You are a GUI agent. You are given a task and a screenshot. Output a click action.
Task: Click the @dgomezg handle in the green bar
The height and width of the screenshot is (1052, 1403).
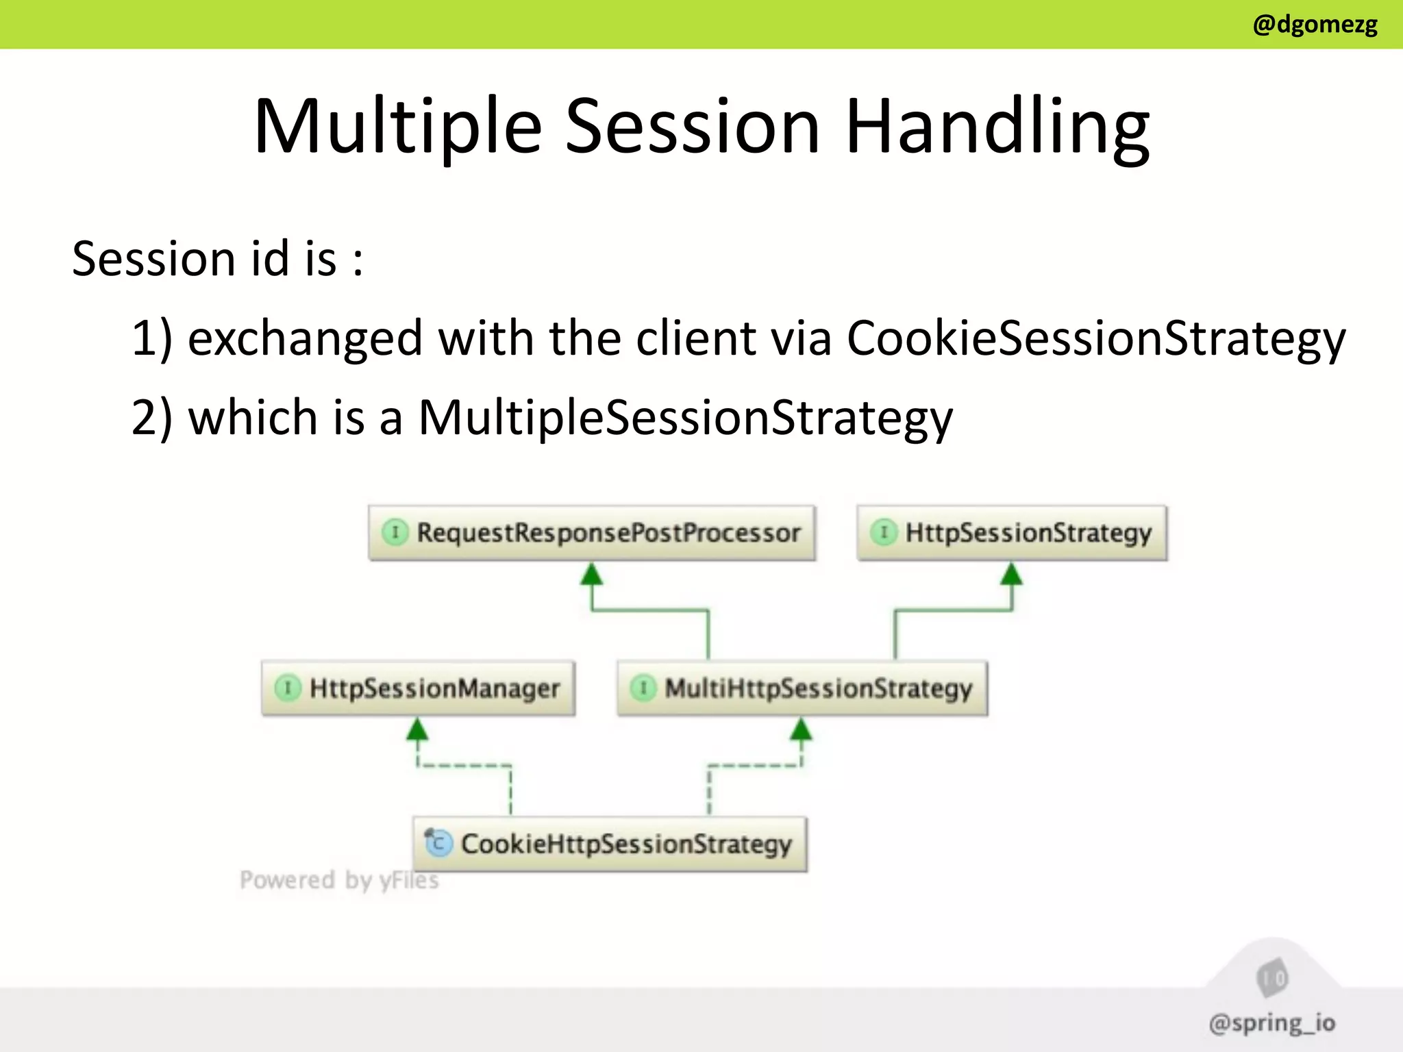(1314, 25)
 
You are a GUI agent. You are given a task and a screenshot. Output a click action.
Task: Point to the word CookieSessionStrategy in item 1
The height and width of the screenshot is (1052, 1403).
(1096, 338)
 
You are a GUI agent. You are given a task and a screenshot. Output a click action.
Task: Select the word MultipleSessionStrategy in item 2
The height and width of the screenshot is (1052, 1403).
(685, 418)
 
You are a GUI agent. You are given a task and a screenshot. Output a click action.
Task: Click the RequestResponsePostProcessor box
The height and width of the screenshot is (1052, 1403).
(592, 533)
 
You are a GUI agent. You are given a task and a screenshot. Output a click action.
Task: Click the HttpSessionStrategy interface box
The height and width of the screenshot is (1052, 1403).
(1012, 533)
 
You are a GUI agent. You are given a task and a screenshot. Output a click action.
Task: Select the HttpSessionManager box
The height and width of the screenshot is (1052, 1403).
(418, 688)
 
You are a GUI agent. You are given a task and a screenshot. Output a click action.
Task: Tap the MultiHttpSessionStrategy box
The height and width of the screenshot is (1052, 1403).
(802, 688)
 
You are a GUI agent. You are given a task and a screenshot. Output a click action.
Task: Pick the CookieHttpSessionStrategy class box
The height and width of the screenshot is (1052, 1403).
(610, 844)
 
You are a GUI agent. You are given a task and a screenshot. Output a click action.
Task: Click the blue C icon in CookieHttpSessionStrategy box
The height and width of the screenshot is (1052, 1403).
(438, 843)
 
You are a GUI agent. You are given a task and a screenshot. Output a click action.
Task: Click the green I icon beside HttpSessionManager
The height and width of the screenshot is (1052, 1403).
(287, 688)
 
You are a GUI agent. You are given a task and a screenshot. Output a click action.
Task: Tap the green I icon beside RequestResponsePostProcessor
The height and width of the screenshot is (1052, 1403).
(395, 532)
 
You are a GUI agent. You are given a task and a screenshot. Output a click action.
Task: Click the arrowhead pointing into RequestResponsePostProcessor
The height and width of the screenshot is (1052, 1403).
(592, 574)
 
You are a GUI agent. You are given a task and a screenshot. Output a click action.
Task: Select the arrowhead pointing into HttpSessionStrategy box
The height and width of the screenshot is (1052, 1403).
(1012, 574)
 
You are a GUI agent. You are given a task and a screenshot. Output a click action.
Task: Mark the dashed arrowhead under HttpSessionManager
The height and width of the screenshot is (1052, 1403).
(417, 729)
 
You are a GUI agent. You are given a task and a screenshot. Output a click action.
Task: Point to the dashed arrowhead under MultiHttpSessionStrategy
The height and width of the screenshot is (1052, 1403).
(801, 729)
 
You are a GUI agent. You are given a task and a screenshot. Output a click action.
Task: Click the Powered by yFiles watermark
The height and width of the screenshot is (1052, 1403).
(339, 880)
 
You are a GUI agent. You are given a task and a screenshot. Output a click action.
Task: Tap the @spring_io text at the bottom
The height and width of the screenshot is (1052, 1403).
(1272, 1023)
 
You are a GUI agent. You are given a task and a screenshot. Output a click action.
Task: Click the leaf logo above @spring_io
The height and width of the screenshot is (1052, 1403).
(1272, 978)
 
